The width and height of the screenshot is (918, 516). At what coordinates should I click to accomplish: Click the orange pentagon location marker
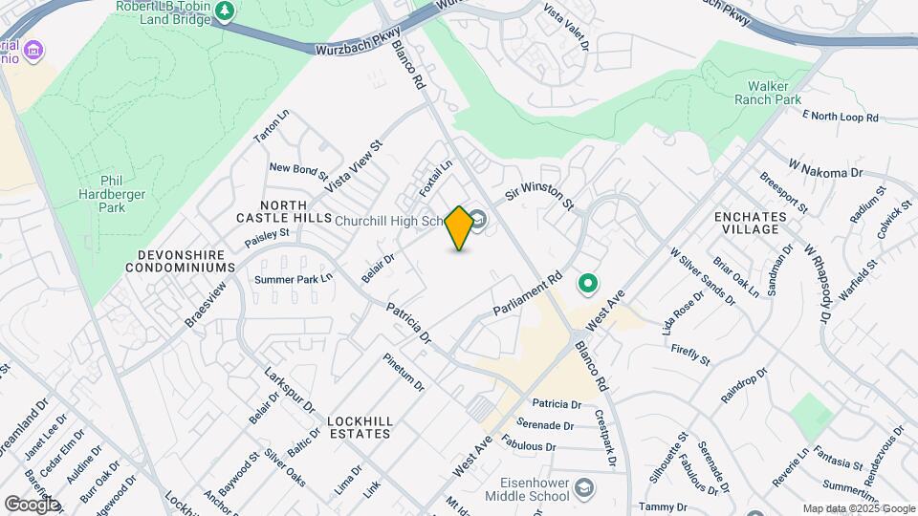460,228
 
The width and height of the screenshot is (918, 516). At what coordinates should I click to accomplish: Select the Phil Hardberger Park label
112,193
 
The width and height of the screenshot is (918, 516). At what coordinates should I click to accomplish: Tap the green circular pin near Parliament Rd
589,283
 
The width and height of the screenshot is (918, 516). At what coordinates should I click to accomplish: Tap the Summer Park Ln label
293,279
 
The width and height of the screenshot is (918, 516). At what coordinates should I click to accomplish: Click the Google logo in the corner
32,504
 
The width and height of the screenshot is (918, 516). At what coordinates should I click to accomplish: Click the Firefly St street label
690,355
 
